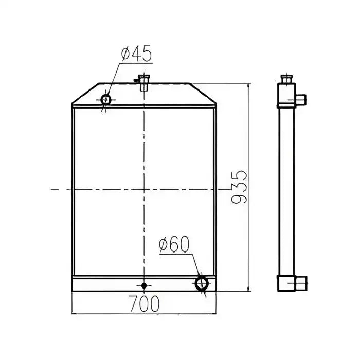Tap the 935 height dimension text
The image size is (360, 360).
point(239,188)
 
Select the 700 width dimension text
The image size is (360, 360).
point(144,304)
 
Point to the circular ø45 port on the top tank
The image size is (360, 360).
point(106,99)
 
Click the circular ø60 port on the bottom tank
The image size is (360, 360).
point(202,283)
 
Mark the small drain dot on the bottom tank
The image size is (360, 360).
point(144,285)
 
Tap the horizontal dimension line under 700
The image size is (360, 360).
point(144,313)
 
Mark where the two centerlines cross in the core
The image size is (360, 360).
point(144,190)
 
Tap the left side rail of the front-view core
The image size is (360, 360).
point(74,190)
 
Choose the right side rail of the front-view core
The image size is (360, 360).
point(214,190)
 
